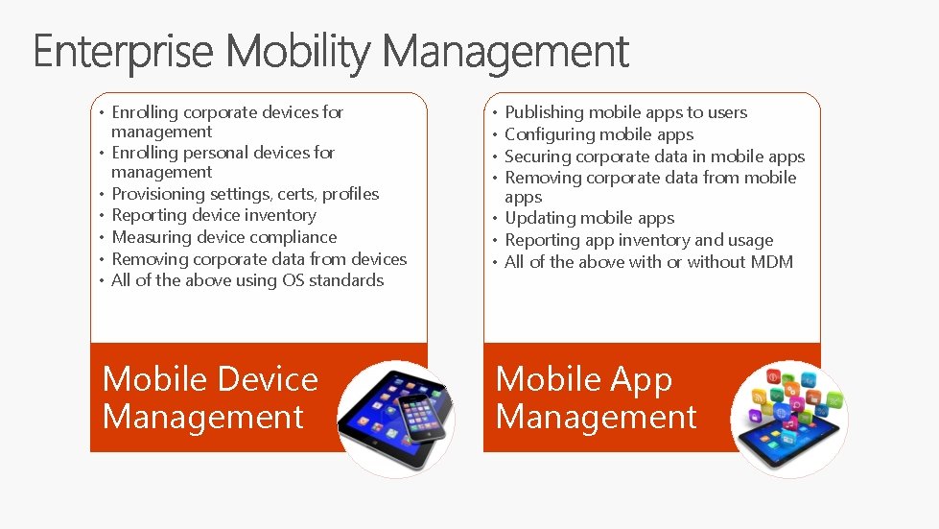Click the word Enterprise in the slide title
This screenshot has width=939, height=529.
(x=123, y=52)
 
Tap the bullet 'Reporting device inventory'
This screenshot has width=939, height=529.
(x=213, y=215)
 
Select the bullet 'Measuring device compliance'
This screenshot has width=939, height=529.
(x=223, y=237)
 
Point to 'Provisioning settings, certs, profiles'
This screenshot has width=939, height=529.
(x=245, y=194)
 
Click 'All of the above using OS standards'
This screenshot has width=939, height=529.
(x=246, y=280)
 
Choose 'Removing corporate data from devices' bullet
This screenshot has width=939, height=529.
(x=259, y=259)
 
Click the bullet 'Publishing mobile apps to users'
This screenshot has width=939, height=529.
(x=625, y=112)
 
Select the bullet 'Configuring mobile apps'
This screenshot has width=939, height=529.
(x=599, y=134)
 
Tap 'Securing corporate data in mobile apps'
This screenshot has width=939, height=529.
(x=654, y=156)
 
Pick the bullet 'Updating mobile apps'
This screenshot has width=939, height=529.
(x=589, y=218)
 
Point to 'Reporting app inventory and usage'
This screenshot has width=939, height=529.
(x=638, y=240)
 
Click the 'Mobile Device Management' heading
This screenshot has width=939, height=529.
(x=209, y=397)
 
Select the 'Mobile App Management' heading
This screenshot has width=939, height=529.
(x=595, y=397)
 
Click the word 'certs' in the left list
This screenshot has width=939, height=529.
(x=296, y=194)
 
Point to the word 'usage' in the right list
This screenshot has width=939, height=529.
(x=751, y=240)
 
